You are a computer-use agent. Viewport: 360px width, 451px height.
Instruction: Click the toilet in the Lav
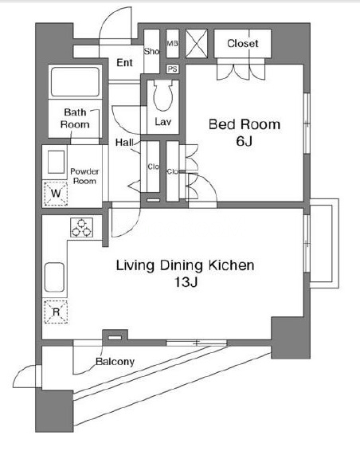(x=162, y=95)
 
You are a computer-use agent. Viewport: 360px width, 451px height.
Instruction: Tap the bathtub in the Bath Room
(x=75, y=82)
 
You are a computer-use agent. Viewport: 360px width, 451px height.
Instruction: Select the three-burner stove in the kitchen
(x=82, y=227)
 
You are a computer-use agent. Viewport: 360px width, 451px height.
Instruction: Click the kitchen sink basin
(x=54, y=277)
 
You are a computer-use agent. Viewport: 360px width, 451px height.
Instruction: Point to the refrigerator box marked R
(x=56, y=312)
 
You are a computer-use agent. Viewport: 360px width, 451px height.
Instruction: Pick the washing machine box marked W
(x=56, y=194)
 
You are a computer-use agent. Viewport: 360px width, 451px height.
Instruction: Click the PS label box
(x=173, y=69)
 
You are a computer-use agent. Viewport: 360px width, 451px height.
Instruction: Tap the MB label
(x=172, y=44)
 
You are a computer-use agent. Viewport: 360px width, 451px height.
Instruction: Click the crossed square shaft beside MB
(x=197, y=44)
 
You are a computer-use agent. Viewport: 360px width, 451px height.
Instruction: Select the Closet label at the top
(x=243, y=44)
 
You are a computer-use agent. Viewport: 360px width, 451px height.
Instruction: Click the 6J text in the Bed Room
(x=245, y=141)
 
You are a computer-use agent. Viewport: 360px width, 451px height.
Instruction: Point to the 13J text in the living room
(x=186, y=282)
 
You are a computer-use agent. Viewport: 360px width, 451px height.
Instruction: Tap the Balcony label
(x=115, y=362)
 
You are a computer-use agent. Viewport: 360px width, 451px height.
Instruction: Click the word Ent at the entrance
(x=124, y=62)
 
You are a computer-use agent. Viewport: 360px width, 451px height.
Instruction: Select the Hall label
(x=124, y=142)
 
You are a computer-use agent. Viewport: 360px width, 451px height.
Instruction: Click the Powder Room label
(x=84, y=176)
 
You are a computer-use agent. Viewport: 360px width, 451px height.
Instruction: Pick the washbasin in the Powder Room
(x=56, y=162)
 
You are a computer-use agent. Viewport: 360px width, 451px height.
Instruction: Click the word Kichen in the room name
(x=231, y=265)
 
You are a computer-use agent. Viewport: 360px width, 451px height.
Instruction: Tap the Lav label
(x=163, y=122)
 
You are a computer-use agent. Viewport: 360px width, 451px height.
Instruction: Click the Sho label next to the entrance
(x=151, y=51)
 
